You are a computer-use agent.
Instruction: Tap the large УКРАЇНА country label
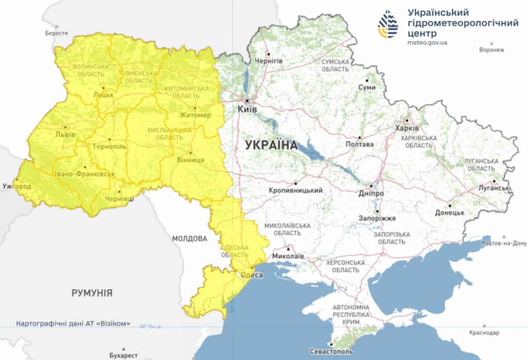272,145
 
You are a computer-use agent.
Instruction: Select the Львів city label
65,135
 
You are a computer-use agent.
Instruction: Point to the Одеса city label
252,275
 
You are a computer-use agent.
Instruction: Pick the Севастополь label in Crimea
331,351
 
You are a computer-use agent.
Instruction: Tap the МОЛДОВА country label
189,239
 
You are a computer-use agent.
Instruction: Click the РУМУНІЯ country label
92,293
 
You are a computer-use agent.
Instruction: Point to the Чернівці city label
119,199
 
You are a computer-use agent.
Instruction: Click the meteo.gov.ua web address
427,42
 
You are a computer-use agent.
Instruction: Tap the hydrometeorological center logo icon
388,25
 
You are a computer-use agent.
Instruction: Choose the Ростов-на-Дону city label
504,243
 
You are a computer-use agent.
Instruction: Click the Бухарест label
124,355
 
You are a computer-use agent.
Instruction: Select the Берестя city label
56,33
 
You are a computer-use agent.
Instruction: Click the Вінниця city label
191,160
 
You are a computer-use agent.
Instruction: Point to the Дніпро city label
371,193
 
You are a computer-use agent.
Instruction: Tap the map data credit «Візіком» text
73,324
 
